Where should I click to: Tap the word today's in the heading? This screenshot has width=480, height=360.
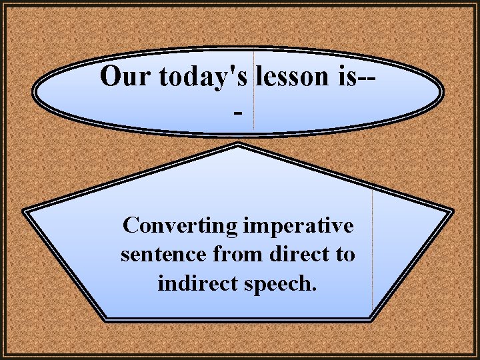click(x=203, y=77)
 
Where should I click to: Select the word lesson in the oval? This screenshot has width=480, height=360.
click(x=288, y=77)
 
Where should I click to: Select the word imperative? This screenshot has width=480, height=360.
click(x=298, y=226)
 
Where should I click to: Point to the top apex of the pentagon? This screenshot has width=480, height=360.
click(x=239, y=145)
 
